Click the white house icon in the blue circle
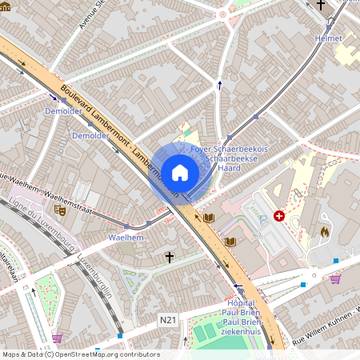coord(180,173)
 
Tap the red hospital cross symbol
coord(279,216)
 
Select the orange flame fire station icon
coord(324,230)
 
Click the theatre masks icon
coord(58,210)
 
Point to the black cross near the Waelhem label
coord(169,257)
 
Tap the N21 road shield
coord(167,320)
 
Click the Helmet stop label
coord(328,38)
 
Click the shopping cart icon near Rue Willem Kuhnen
coord(335,278)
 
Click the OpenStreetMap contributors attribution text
coord(80,354)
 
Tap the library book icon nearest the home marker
coord(209,218)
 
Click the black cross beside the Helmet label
coord(321,5)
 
